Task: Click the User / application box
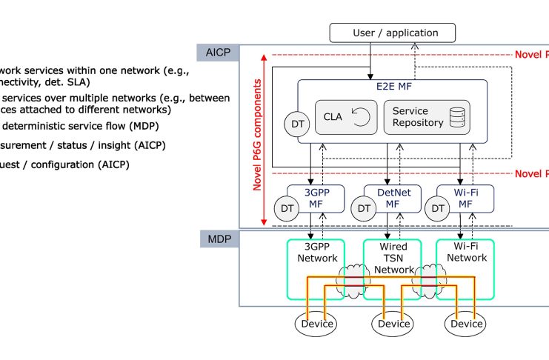392,33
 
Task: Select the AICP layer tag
218,53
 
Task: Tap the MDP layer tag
218,240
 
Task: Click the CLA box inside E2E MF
345,117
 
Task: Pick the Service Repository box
427,117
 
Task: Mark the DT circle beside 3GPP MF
286,209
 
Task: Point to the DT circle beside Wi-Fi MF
439,209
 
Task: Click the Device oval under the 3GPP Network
316,324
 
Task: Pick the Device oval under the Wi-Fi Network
467,324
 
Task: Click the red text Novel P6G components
258,141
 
